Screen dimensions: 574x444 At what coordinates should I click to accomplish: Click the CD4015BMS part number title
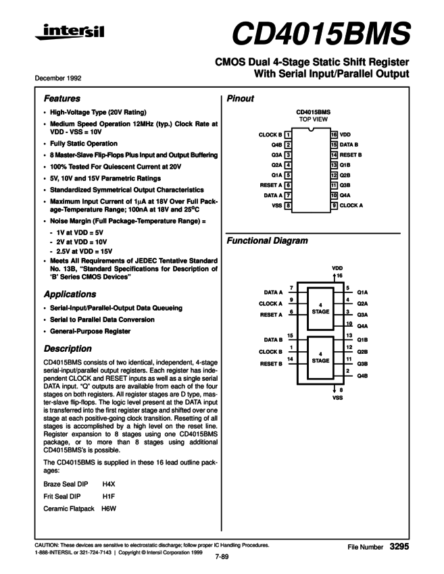coord(321,32)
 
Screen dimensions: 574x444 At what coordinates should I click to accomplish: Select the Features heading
coord(61,98)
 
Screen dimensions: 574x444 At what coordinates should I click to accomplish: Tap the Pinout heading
coord(240,99)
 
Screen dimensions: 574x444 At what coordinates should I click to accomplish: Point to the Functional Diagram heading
coord(268,241)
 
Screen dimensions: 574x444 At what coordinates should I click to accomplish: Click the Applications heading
coord(70,294)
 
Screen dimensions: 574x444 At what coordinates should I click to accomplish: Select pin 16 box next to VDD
coord(334,135)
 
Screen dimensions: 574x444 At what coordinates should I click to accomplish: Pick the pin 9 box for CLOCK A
coord(334,205)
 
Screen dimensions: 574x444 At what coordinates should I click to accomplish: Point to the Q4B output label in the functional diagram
coord(362,375)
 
